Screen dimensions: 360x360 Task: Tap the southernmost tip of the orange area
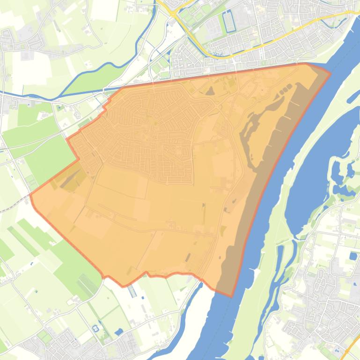click(231, 296)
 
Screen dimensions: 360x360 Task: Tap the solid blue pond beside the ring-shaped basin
click(119, 332)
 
